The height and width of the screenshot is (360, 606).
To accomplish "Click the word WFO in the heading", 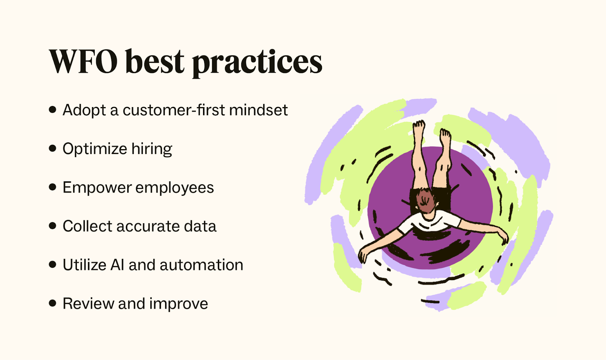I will coord(83,62).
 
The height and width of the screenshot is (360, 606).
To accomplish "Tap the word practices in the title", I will coord(257,62).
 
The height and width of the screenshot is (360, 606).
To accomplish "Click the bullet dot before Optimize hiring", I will coord(53,148).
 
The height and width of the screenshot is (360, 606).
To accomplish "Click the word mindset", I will coord(258,110).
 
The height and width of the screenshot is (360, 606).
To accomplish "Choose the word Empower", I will coord(97,188).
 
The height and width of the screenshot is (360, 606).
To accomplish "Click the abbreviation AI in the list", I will coord(117,265).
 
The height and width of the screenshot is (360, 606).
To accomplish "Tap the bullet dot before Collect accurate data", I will coord(53,226).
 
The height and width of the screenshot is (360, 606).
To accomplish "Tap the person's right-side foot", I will coord(445,136).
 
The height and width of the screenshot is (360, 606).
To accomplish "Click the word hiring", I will coord(151,149).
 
